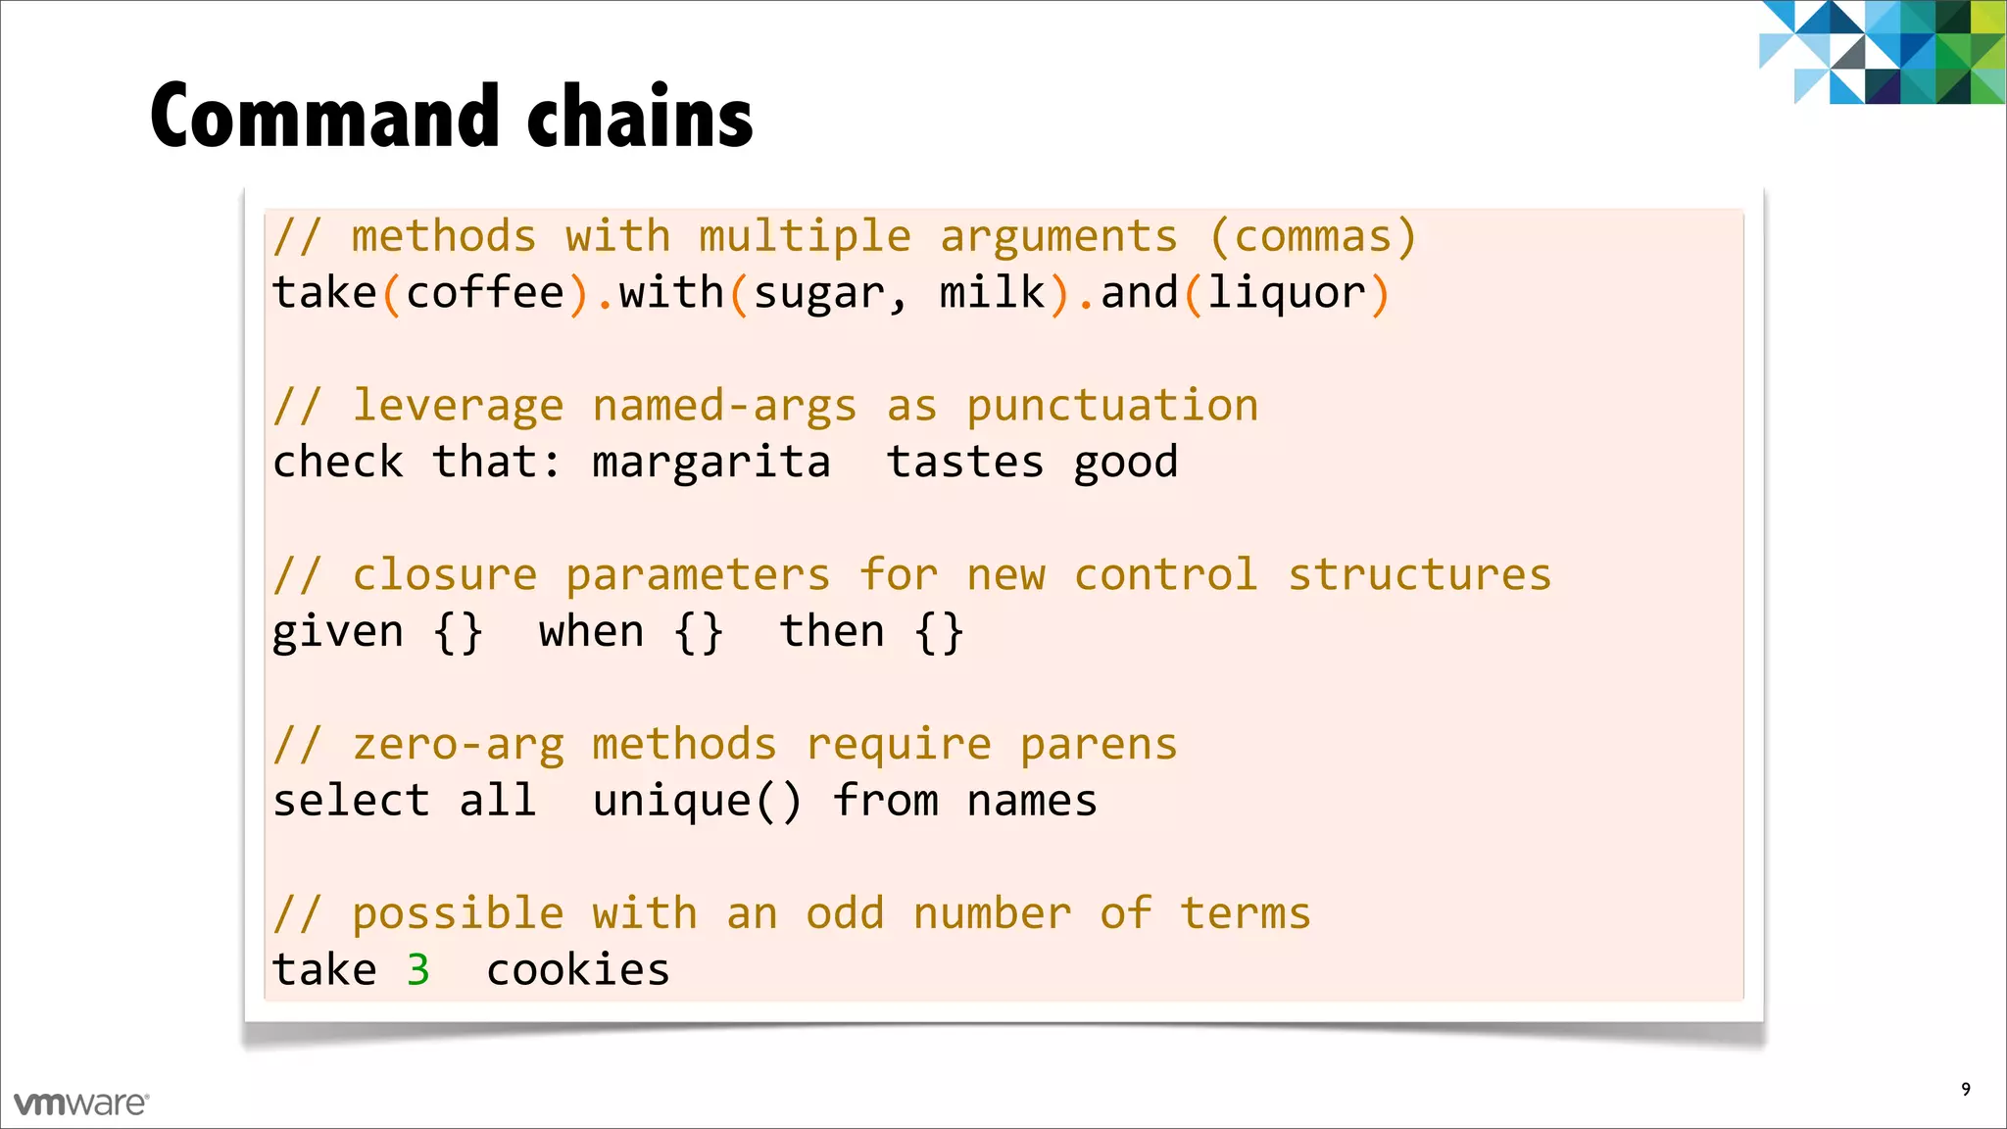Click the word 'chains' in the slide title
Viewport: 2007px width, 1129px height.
[x=640, y=117]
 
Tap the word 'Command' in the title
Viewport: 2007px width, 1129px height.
[x=326, y=117]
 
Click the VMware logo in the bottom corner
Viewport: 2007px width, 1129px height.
[x=81, y=1104]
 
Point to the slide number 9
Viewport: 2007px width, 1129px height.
[x=1965, y=1089]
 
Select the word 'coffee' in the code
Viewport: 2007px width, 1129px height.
[x=485, y=293]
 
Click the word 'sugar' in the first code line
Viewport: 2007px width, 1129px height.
[x=819, y=294]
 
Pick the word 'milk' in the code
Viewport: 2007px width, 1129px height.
[x=992, y=293]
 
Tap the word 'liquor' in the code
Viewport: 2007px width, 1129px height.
[x=1286, y=294]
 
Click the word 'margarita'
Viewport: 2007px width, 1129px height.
[x=711, y=463]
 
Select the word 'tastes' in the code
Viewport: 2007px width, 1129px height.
[x=965, y=463]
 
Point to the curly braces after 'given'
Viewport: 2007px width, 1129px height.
[x=459, y=632]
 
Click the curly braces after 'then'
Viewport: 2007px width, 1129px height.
[x=940, y=632]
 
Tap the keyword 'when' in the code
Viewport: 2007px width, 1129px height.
[x=592, y=632]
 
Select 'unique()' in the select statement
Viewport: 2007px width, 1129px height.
[x=698, y=802]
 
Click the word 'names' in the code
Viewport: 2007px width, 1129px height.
[x=1032, y=802]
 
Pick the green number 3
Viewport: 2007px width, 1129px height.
[x=418, y=970]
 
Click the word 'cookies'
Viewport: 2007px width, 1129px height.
[x=578, y=970]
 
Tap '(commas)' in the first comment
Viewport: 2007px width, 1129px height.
[x=1313, y=237]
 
